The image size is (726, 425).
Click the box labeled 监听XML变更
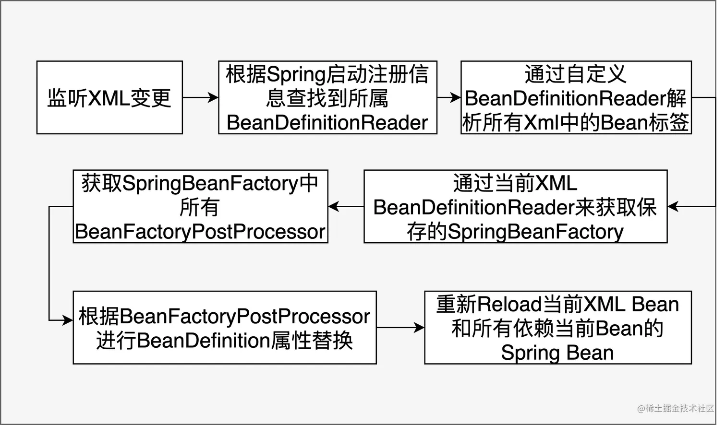tap(109, 97)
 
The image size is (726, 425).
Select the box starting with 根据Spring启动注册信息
tap(327, 97)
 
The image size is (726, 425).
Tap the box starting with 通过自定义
tap(576, 97)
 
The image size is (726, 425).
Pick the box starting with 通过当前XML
tap(515, 206)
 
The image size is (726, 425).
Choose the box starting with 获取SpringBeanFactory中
tap(200, 206)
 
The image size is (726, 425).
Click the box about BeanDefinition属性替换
tap(224, 328)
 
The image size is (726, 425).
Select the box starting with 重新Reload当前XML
tap(557, 328)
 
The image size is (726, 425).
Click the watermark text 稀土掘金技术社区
tap(679, 408)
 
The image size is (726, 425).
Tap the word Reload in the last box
tap(510, 305)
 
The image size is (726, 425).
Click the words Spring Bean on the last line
tap(557, 353)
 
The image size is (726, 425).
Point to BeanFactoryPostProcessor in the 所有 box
tap(200, 232)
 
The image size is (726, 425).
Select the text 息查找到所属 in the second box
tap(327, 98)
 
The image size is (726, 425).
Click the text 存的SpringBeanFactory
tap(515, 232)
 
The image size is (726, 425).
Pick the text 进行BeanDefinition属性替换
tap(224, 341)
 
